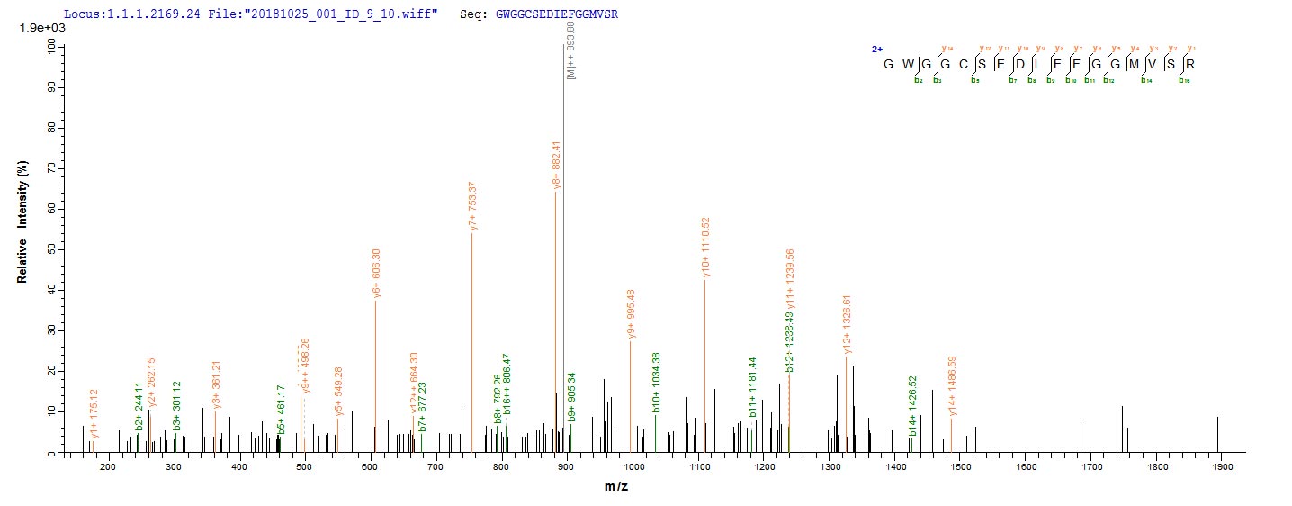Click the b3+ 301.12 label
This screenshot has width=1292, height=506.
(x=176, y=403)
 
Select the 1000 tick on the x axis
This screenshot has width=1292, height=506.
(x=632, y=467)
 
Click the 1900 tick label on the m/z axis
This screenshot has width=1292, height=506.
(x=1221, y=467)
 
